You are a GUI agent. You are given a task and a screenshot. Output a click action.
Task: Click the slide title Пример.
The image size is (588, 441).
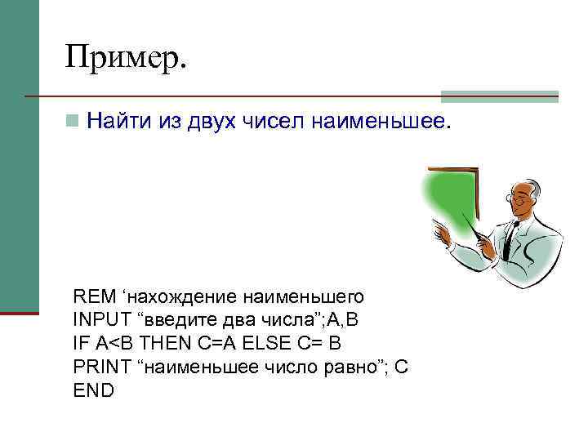click(127, 58)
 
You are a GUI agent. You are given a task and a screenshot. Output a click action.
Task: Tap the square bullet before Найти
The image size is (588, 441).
click(73, 122)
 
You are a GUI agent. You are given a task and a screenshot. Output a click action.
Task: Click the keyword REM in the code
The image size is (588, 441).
click(90, 295)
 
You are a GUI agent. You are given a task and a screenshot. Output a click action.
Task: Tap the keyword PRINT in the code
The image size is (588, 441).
click(98, 367)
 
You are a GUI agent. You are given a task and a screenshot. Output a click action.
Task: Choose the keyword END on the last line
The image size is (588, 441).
click(93, 390)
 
